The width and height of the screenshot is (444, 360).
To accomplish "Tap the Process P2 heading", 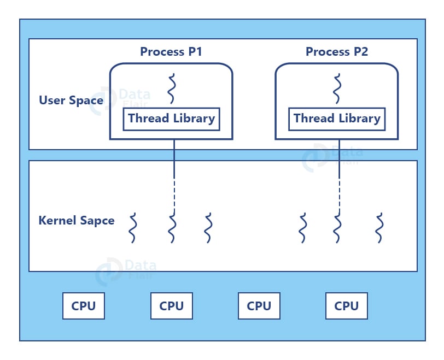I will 336,52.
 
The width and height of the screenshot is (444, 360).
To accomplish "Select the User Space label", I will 71,101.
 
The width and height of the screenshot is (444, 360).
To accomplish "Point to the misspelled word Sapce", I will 97,221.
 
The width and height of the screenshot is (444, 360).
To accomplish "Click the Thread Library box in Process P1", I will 171,119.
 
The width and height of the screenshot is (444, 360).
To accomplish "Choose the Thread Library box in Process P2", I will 337,119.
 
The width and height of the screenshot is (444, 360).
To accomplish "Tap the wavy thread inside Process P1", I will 172,89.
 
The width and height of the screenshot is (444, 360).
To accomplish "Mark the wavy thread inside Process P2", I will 337,89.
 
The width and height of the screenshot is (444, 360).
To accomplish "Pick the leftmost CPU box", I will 84,306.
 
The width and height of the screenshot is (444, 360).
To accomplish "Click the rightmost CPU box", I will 346,306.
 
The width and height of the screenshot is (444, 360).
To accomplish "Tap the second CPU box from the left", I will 171,306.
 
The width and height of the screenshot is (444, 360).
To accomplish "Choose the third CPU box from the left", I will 259,306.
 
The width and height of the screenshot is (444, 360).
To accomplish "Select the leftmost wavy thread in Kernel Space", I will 132,228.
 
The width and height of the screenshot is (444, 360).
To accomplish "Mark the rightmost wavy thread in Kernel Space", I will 379,228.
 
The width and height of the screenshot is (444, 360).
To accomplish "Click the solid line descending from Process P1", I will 174,158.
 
